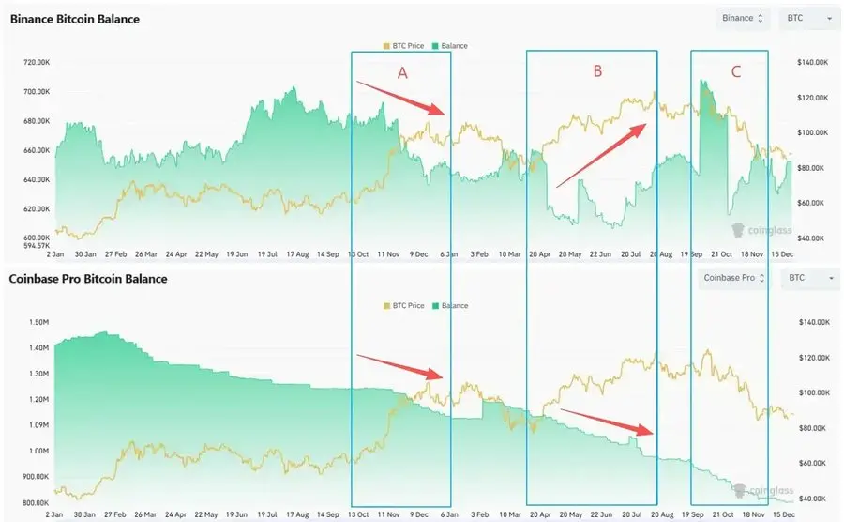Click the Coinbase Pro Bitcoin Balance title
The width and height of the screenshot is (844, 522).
coord(88,279)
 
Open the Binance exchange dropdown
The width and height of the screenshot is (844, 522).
coord(742,18)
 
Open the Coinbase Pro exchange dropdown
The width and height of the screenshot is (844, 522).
coord(735,278)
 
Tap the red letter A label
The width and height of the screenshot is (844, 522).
coord(402,73)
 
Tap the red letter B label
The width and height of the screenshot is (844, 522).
coord(597,70)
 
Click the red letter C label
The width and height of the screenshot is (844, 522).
coord(735,71)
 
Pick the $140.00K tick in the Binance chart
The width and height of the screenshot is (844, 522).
coord(812,62)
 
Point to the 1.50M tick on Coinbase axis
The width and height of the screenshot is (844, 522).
coord(39,322)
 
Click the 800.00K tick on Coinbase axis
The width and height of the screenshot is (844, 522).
coord(35,502)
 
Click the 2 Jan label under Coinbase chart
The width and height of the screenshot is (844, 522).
coord(54,515)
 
